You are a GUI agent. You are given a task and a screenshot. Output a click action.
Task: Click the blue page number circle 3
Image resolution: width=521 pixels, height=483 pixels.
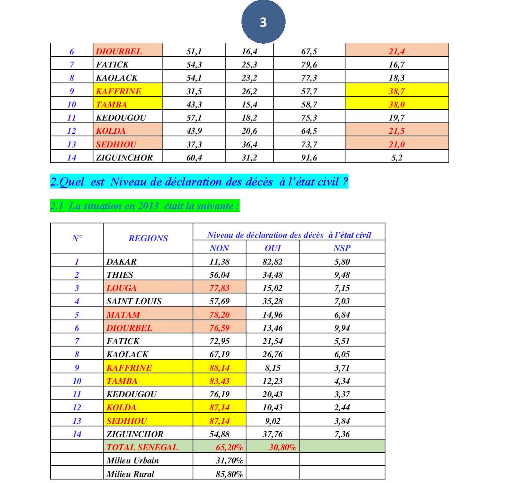tap(263, 22)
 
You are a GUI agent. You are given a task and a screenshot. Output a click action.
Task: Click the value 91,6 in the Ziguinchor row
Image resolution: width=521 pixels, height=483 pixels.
tap(309, 158)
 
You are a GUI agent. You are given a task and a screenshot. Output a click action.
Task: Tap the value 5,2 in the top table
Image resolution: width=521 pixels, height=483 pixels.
tap(396, 158)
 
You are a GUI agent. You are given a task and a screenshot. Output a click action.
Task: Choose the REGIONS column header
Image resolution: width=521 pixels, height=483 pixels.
tap(148, 238)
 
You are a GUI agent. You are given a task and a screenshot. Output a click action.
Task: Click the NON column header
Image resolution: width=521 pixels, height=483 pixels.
tap(219, 248)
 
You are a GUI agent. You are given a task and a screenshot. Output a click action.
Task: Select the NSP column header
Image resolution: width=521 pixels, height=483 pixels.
tap(342, 248)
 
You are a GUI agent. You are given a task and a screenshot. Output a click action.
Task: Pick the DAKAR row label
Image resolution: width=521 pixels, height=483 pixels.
tap(122, 262)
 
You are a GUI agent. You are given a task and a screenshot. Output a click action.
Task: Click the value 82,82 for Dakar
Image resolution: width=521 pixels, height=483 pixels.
tap(273, 262)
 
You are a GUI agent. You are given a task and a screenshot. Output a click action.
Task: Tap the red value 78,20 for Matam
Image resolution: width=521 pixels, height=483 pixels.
tap(219, 315)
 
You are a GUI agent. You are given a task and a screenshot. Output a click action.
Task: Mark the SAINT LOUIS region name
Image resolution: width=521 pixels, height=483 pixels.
tap(134, 301)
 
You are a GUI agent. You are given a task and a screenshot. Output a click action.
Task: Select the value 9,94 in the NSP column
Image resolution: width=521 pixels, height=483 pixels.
tap(342, 328)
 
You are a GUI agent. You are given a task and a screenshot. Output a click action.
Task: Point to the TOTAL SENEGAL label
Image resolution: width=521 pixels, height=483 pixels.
tap(142, 447)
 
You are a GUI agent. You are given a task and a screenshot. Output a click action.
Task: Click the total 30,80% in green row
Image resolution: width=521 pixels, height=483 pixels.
tap(283, 447)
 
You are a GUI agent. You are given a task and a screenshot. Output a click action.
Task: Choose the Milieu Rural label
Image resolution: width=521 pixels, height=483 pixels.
tap(130, 474)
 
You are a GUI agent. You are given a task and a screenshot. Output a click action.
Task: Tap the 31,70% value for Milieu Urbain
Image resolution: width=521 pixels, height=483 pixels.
tap(229, 460)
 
